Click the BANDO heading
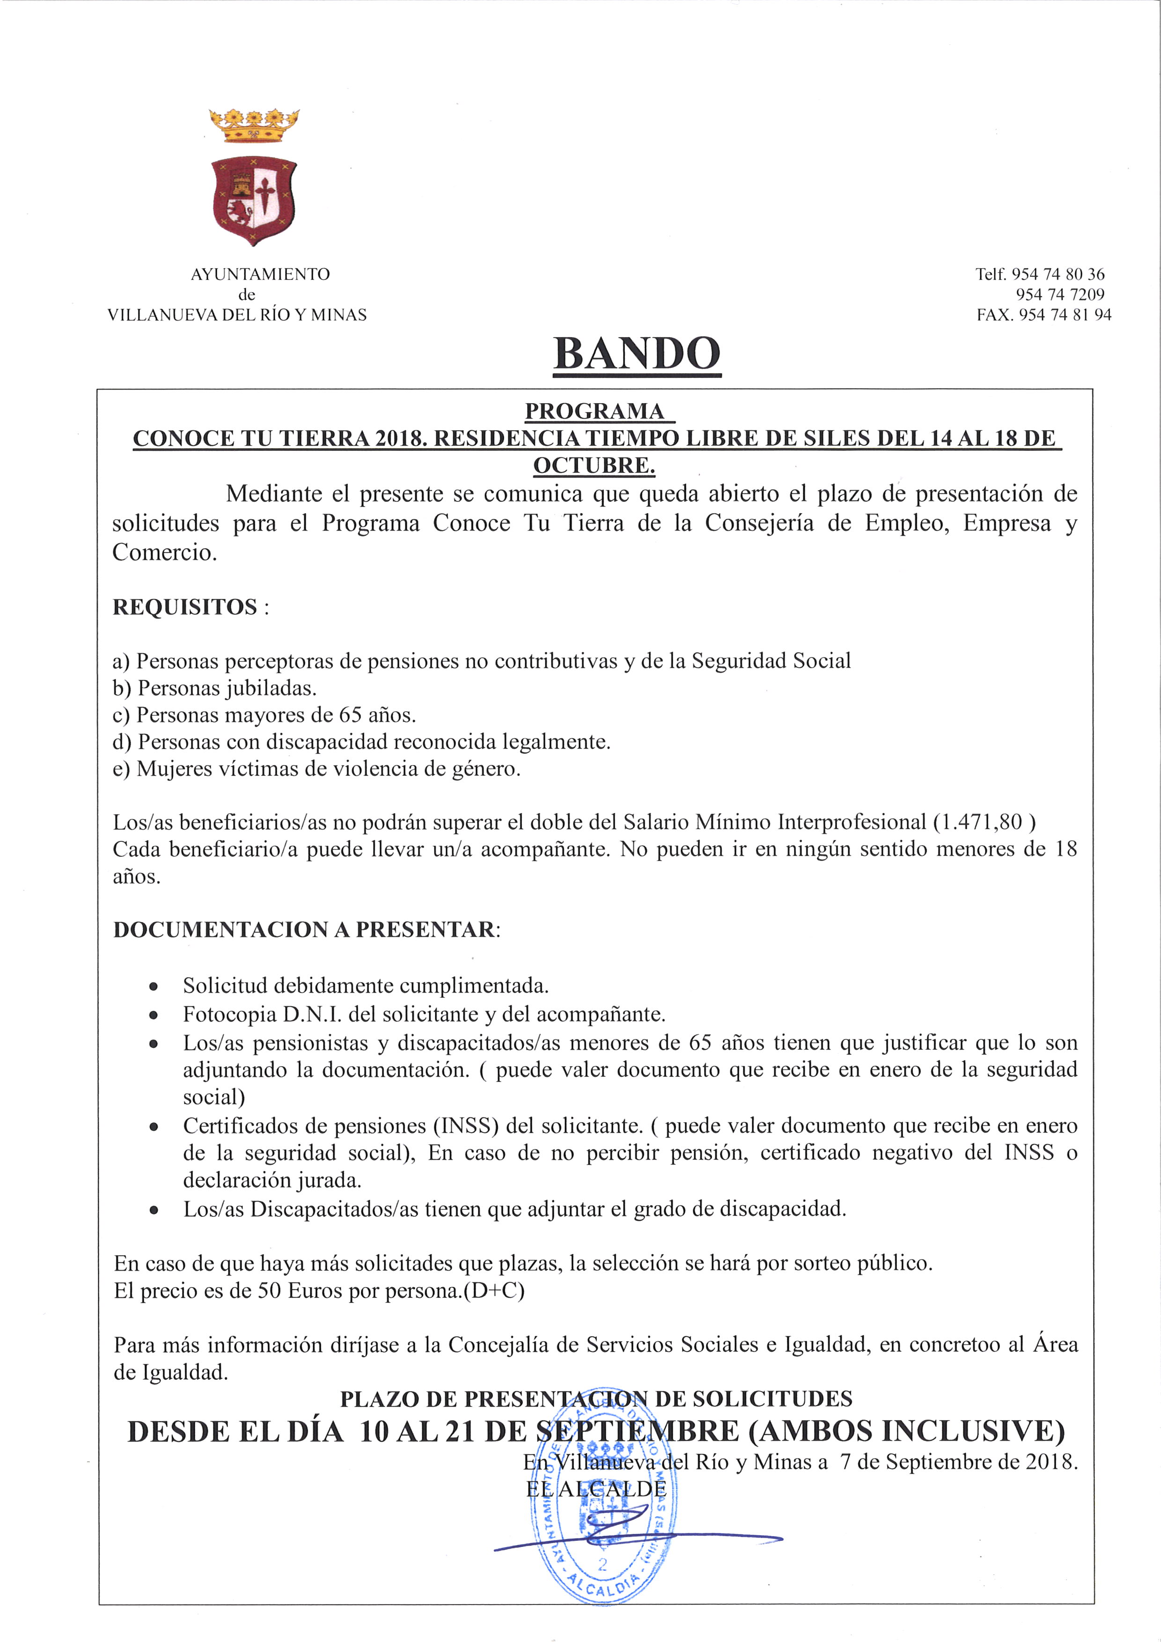pos(636,353)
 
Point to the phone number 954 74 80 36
pos(1058,274)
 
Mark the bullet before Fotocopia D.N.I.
pos(153,1015)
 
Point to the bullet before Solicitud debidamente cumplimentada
pos(153,987)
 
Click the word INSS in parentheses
pos(465,1126)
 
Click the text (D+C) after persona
pos(494,1290)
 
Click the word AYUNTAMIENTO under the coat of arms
pos(260,274)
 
